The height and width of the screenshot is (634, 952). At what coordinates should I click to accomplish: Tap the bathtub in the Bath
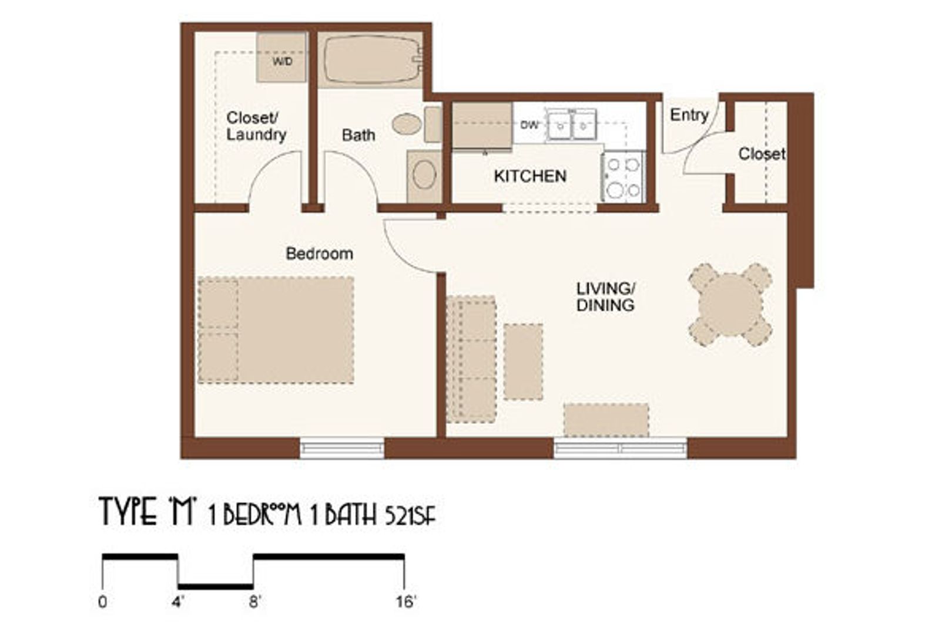coord(370,59)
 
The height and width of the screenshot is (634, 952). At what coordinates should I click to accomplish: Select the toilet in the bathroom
coord(407,124)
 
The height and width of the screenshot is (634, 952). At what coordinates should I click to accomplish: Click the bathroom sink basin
coord(424,175)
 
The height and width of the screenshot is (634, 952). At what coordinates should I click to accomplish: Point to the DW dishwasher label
coord(529,125)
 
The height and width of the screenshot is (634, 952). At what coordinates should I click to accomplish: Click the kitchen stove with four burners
coord(624,177)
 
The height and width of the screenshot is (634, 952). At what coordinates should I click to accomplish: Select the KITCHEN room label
coord(530,176)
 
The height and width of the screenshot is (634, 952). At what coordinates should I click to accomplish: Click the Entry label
coord(689,114)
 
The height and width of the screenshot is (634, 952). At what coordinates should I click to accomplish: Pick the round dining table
coord(730,305)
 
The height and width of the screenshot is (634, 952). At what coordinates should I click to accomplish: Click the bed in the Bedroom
coord(276,330)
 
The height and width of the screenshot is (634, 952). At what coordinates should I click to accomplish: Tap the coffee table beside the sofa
coord(523,362)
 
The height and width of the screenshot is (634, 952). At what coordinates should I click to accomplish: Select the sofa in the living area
coord(471,359)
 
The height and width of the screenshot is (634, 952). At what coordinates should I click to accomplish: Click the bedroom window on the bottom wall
coord(342,448)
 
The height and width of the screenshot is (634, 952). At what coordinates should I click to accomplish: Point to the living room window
coord(621,449)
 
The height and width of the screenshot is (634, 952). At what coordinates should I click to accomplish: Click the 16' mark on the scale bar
coord(404,602)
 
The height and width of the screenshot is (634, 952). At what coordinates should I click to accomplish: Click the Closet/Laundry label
coord(256,126)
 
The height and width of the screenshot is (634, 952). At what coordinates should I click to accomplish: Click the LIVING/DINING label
coord(605,297)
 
